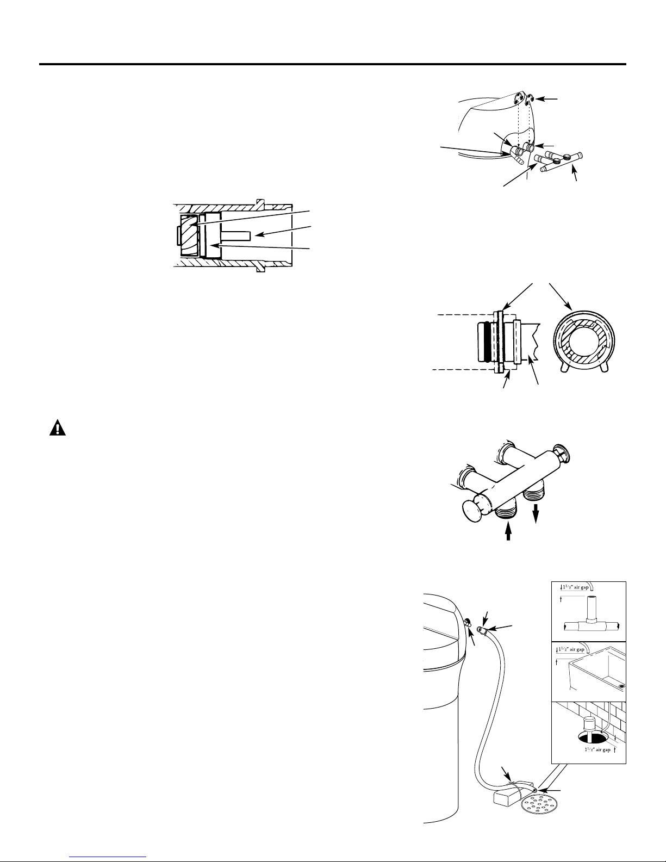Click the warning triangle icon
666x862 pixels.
[x=58, y=427]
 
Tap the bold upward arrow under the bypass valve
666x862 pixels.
[x=508, y=531]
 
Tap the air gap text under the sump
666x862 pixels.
[x=597, y=750]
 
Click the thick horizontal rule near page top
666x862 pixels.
[x=332, y=64]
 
